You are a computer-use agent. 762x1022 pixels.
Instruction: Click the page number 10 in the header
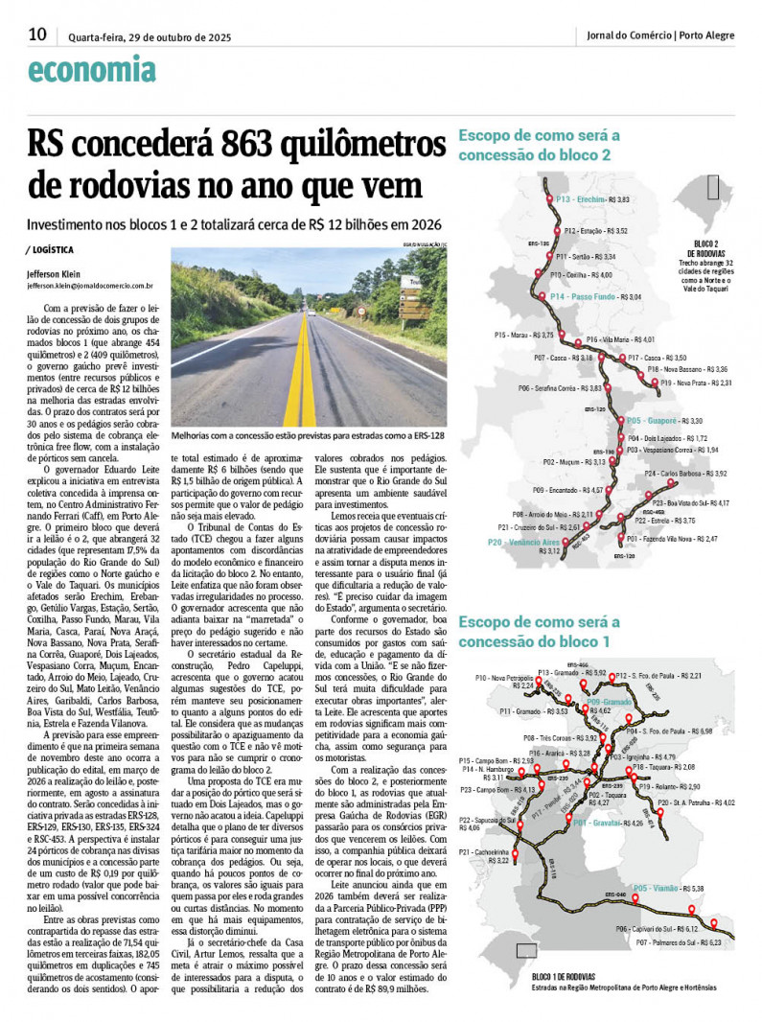click(37, 35)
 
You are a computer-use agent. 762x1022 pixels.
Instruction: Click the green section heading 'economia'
click(92, 70)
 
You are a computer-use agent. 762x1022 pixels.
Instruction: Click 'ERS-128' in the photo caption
click(427, 434)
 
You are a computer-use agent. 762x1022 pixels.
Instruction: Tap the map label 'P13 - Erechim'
click(580, 199)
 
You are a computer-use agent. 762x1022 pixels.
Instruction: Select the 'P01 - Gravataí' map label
click(594, 849)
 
